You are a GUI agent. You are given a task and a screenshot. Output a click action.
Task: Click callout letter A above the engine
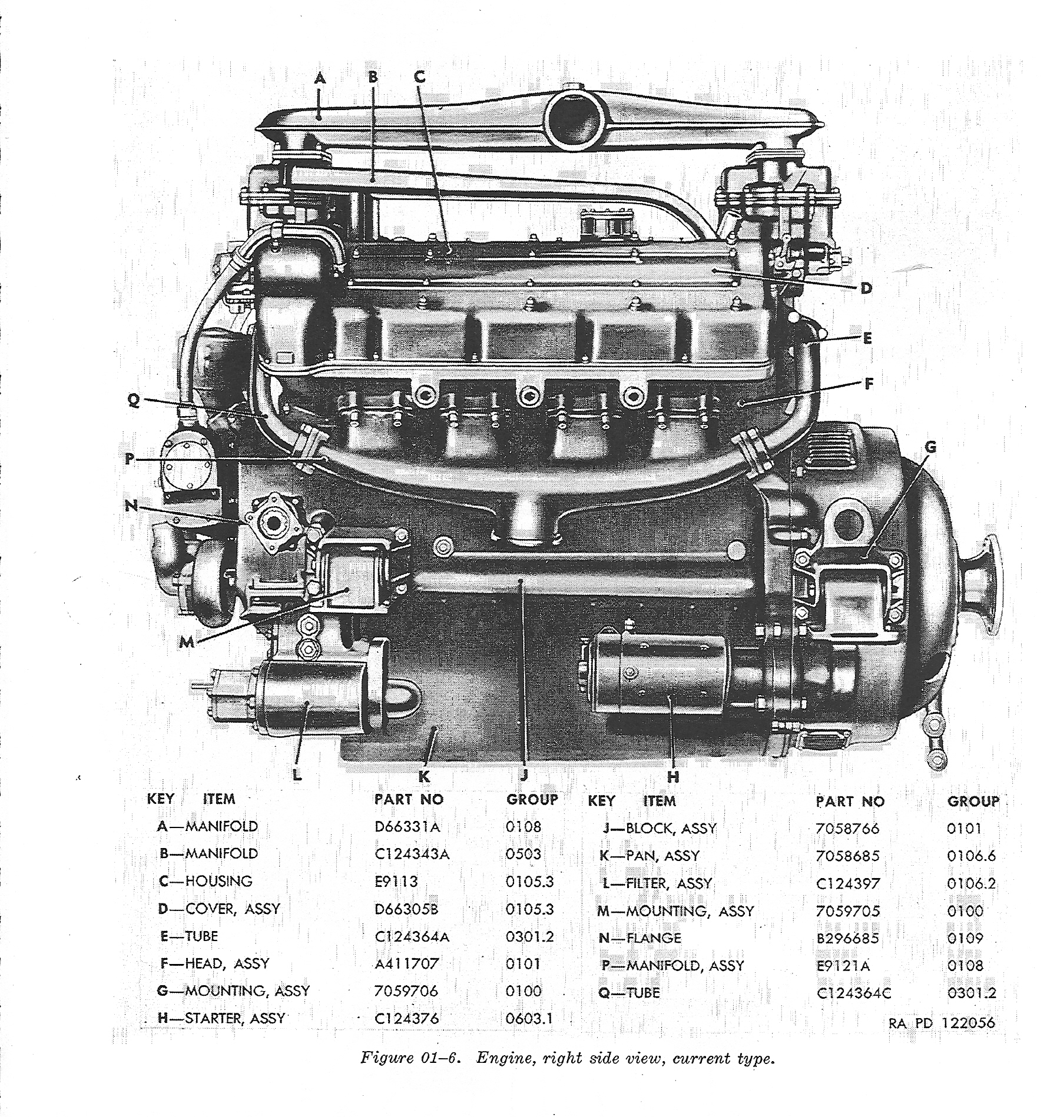pyautogui.click(x=320, y=78)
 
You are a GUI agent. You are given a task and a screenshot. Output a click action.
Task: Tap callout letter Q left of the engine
pyautogui.click(x=134, y=400)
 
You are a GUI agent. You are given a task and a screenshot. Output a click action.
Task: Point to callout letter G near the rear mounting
pyautogui.click(x=930, y=447)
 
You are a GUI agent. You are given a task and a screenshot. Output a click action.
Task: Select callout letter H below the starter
pyautogui.click(x=673, y=777)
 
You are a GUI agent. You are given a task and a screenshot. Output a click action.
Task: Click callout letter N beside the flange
pyautogui.click(x=132, y=506)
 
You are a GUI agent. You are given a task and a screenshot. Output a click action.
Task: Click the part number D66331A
pyautogui.click(x=407, y=826)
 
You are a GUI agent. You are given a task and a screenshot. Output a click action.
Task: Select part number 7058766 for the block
pyautogui.click(x=847, y=829)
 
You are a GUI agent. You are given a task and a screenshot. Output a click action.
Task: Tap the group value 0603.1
pyautogui.click(x=529, y=1018)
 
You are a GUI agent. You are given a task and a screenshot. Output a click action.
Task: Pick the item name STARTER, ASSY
pyautogui.click(x=234, y=1018)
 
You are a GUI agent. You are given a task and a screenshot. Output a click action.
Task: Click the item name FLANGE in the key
pyautogui.click(x=654, y=938)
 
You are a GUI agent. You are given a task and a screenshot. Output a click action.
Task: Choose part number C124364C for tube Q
pyautogui.click(x=854, y=993)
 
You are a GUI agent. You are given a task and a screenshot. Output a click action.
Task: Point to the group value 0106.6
pyautogui.click(x=971, y=856)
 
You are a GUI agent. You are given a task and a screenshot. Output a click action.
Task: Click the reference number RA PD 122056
pyautogui.click(x=942, y=1023)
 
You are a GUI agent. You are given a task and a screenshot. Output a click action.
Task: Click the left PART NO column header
pyautogui.click(x=409, y=799)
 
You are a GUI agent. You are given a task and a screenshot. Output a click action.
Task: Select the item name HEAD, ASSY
pyautogui.click(x=227, y=963)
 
